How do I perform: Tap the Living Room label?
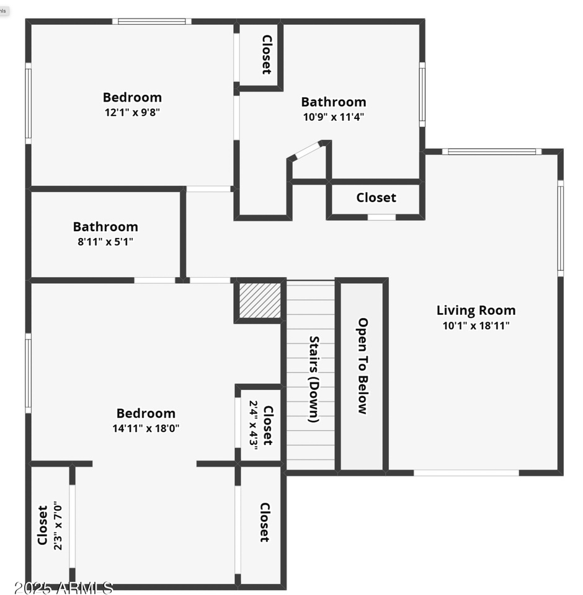[x=476, y=311]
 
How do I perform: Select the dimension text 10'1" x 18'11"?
[x=476, y=325]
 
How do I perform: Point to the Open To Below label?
[x=363, y=366]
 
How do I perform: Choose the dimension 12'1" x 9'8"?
[x=132, y=112]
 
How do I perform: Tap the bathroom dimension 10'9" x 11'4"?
[x=333, y=117]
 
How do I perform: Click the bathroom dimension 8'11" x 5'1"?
[x=105, y=242]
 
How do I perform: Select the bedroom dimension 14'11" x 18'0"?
[x=146, y=428]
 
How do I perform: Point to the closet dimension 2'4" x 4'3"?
[x=254, y=423]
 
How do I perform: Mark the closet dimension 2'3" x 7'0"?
[x=58, y=526]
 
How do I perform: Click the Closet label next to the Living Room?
[x=376, y=198]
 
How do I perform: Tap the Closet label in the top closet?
[x=267, y=55]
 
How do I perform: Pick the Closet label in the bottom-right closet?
[x=264, y=522]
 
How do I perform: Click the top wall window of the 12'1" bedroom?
[x=152, y=22]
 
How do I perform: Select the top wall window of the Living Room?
[x=492, y=151]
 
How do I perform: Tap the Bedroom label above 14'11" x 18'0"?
[x=146, y=413]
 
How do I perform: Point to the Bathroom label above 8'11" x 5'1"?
[x=105, y=227]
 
